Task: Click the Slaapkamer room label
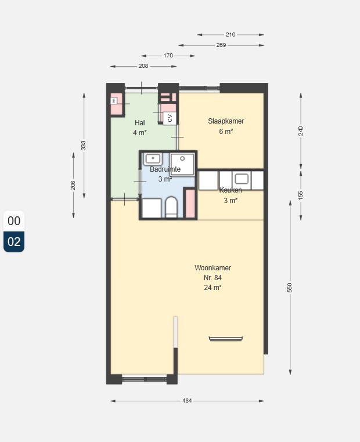click(x=226, y=121)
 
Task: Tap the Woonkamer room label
click(x=213, y=268)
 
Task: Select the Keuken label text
click(x=231, y=190)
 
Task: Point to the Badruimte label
click(x=165, y=169)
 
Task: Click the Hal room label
click(x=140, y=123)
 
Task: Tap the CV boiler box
click(x=170, y=118)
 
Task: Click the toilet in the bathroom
click(x=171, y=208)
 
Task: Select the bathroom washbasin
click(x=153, y=159)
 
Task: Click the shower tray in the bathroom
click(x=182, y=164)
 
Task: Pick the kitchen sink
click(x=242, y=179)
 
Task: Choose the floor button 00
click(x=14, y=221)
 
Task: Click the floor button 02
click(x=14, y=242)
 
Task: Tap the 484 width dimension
click(x=187, y=401)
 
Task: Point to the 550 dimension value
click(x=290, y=288)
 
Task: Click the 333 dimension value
click(x=84, y=146)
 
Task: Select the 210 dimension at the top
click(x=231, y=34)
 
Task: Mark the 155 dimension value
click(x=300, y=195)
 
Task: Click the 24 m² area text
click(x=213, y=288)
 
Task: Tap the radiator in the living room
click(x=226, y=339)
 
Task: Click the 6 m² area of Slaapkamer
click(x=226, y=131)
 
